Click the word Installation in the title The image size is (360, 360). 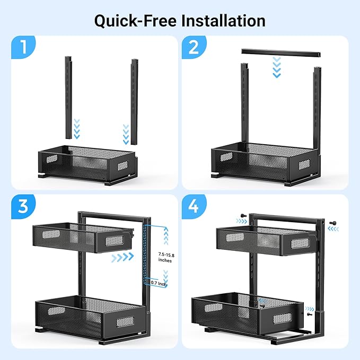pos(223,21)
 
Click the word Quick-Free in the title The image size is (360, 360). pos(135,21)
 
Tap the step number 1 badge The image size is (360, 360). pos(23,47)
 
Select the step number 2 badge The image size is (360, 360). pos(194,47)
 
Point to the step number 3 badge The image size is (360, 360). pos(23,206)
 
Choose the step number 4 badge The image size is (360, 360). pos(194,206)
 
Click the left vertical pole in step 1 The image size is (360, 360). pos(68,98)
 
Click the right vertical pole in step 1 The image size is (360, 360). pos(135,102)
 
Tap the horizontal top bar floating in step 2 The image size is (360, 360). pos(281,53)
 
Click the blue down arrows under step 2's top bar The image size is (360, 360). pos(277,67)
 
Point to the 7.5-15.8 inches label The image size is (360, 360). pos(166,257)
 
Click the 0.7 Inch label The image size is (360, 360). pos(159,283)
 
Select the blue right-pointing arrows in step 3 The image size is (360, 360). pos(122,257)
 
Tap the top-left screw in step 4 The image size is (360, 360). pos(243,216)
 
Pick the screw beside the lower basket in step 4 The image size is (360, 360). pos(309,314)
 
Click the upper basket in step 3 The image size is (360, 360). pos(83,237)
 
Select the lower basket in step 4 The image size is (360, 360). pos(247,312)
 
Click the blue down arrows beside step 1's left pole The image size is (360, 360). pos(77,129)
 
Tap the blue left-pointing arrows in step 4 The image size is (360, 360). pos(333,229)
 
